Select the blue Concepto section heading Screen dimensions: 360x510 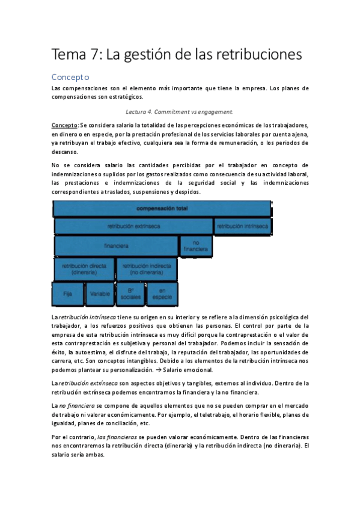pyautogui.click(x=70, y=77)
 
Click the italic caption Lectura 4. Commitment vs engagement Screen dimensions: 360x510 pyautogui.click(x=180, y=111)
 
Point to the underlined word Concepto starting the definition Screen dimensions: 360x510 pyautogui.click(x=65, y=124)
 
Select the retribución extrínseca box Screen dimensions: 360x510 pyautogui.click(x=133, y=227)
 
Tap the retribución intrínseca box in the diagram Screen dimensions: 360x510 pyautogui.click(x=242, y=227)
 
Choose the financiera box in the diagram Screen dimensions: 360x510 pyautogui.click(x=116, y=246)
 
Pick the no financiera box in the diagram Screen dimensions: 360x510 pyautogui.click(x=196, y=246)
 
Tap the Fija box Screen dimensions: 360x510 pyautogui.click(x=67, y=294)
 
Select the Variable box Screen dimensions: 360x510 pyautogui.click(x=99, y=294)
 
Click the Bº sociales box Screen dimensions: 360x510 pyautogui.click(x=130, y=294)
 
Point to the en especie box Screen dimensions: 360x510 pyautogui.click(x=162, y=294)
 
